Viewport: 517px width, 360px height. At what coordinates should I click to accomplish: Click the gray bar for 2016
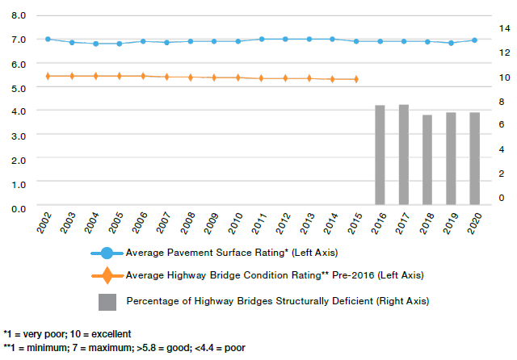pos(380,155)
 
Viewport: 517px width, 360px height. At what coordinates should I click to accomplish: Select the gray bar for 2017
pos(403,154)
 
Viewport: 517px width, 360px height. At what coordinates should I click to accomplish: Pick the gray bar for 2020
pos(474,158)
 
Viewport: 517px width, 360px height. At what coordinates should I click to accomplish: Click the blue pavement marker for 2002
pos(48,39)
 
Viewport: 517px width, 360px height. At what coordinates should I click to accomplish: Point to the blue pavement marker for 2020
pos(474,40)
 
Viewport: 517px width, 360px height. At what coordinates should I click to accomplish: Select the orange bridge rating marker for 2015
pos(356,79)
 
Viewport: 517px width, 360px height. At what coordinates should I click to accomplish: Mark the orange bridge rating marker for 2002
pos(48,76)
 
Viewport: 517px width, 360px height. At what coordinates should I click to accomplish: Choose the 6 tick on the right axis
pos(502,125)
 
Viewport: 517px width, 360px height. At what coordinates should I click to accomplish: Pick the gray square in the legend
pos(108,302)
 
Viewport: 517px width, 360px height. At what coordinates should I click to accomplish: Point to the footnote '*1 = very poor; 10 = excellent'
pos(67,334)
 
